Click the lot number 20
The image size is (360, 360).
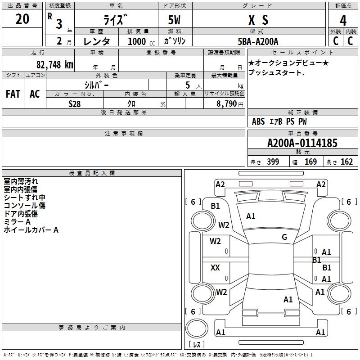point(22,19)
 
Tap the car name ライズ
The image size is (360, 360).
point(116,20)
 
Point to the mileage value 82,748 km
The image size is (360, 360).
point(54,64)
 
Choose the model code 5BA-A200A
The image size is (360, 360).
point(258,41)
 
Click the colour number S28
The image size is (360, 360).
point(75,103)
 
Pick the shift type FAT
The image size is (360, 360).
point(13,94)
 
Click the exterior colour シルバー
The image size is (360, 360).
point(96,85)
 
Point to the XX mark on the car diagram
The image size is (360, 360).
point(215,268)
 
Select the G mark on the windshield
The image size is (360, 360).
point(284,237)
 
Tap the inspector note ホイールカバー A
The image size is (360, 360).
point(31,230)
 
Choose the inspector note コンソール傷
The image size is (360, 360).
point(24,206)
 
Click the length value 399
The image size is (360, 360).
point(272,162)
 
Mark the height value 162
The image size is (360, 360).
point(346,162)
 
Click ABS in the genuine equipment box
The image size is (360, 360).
point(258,121)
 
